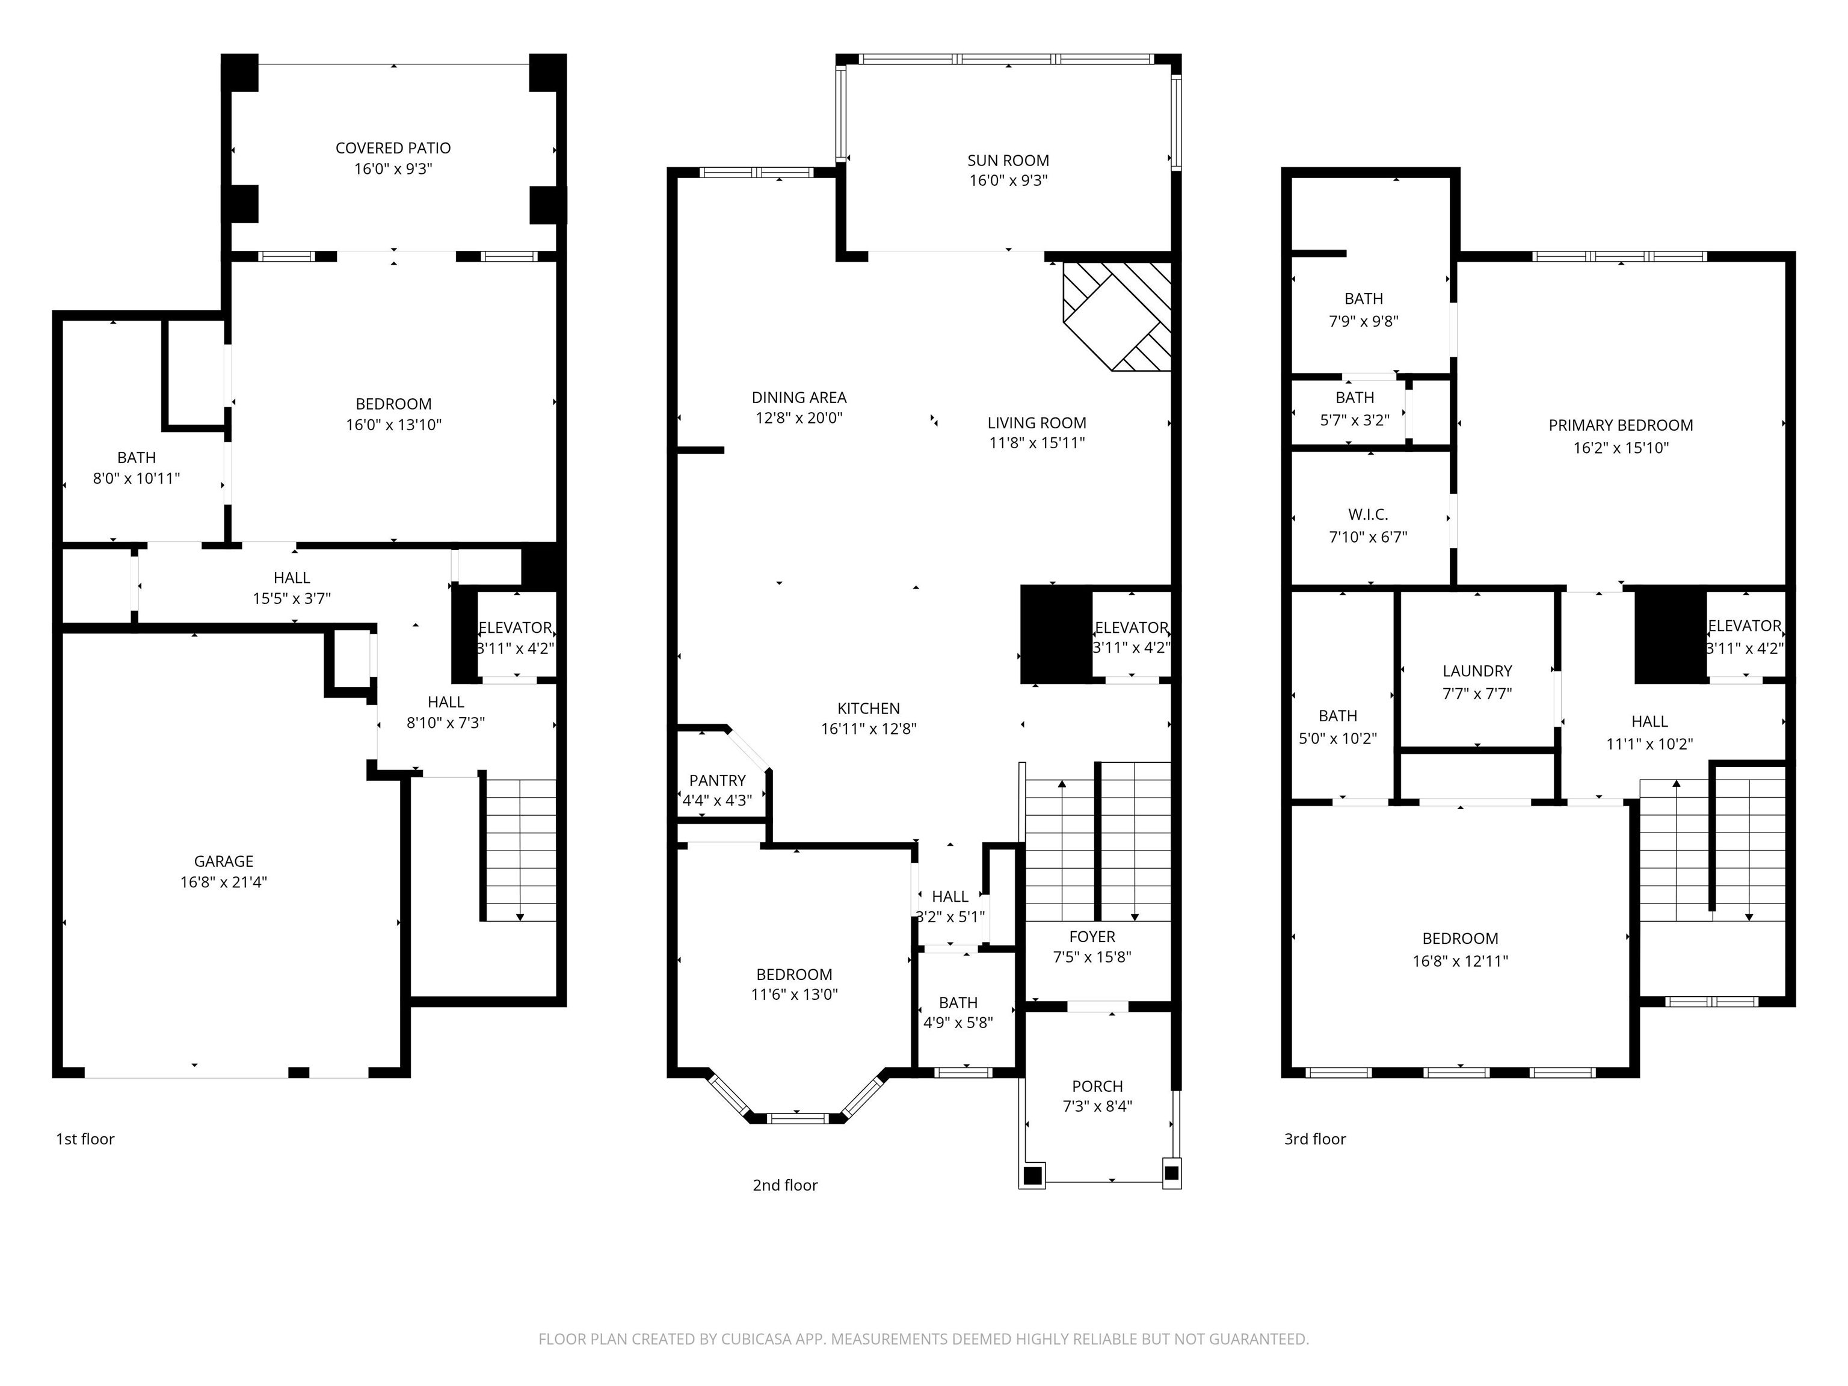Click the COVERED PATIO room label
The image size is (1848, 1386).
click(393, 148)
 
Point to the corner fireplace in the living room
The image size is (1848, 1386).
click(1117, 316)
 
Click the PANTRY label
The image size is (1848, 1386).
click(717, 780)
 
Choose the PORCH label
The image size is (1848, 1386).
click(1097, 1086)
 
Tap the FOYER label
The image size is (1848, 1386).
click(1092, 937)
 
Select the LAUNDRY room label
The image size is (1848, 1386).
click(1477, 671)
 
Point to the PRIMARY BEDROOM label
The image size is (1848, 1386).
click(1621, 425)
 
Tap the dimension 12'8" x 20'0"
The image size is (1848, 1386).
click(799, 417)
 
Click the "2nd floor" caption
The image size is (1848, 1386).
click(784, 1184)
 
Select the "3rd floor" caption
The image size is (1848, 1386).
click(1315, 1139)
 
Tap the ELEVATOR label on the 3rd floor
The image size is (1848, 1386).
click(1745, 626)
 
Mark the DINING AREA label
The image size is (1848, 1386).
click(799, 398)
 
